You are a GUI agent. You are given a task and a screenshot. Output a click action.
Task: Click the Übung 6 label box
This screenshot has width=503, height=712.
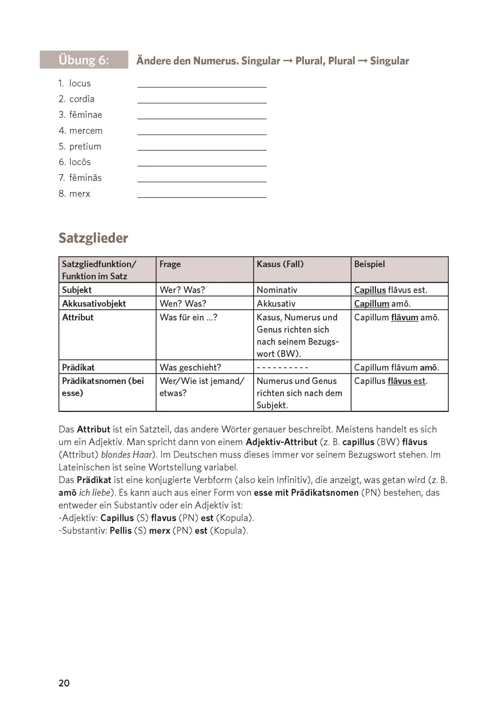click(84, 60)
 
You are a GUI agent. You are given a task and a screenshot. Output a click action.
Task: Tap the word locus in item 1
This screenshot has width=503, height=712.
click(80, 84)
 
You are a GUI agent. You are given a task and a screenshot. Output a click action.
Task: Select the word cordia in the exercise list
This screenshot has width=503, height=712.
click(82, 99)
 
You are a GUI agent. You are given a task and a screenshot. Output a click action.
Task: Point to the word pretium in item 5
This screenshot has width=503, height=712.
click(85, 147)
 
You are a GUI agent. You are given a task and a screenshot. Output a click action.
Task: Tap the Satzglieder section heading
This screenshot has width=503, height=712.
click(93, 238)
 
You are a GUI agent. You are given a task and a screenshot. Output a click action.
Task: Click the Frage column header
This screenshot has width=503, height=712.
click(170, 264)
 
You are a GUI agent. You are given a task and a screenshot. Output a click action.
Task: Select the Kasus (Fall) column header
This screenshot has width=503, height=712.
click(280, 264)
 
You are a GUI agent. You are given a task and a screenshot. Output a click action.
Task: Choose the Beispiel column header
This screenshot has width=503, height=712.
click(369, 264)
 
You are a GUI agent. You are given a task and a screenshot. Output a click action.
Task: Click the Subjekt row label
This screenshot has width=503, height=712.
click(77, 290)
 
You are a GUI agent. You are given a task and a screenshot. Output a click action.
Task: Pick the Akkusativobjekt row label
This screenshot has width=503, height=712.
click(94, 304)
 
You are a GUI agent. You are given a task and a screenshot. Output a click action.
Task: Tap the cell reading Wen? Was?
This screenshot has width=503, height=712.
click(183, 304)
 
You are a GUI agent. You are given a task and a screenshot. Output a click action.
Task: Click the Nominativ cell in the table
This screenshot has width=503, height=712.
click(277, 290)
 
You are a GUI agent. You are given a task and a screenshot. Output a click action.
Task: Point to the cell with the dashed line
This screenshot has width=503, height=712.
click(282, 367)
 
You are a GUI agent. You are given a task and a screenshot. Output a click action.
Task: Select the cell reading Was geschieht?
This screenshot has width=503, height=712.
click(190, 367)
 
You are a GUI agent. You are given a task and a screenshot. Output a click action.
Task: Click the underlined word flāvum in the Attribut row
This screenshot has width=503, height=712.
click(404, 318)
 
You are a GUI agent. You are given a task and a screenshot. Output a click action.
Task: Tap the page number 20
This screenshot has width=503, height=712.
click(64, 683)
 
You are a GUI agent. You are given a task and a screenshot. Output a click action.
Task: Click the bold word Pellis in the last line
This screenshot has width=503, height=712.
click(121, 531)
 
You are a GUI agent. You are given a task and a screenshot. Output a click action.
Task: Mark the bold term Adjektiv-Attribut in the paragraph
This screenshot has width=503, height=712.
click(281, 442)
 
